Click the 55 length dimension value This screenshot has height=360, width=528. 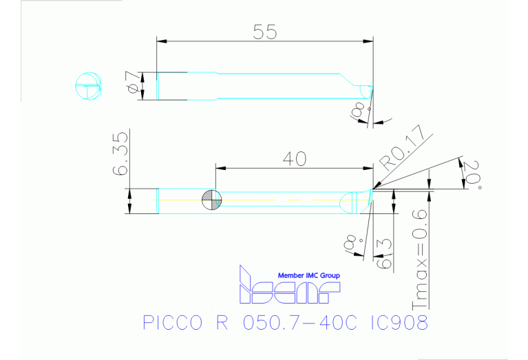pos(265,32)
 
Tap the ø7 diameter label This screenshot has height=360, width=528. pos(134,86)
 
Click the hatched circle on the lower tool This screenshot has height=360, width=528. pos(212,201)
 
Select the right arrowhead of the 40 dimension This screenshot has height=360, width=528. pos(368,167)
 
